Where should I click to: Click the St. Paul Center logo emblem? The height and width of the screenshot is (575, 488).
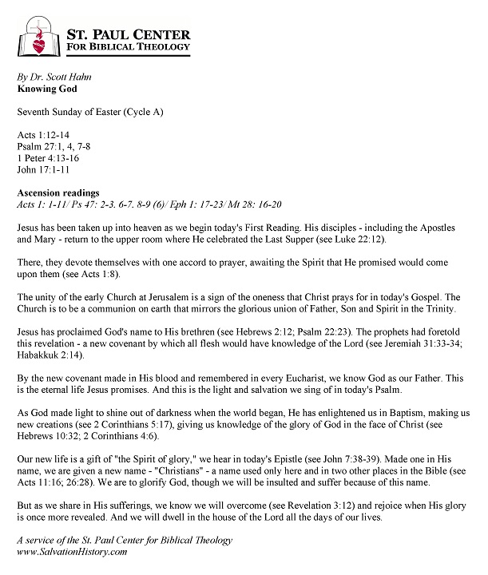click(38, 37)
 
